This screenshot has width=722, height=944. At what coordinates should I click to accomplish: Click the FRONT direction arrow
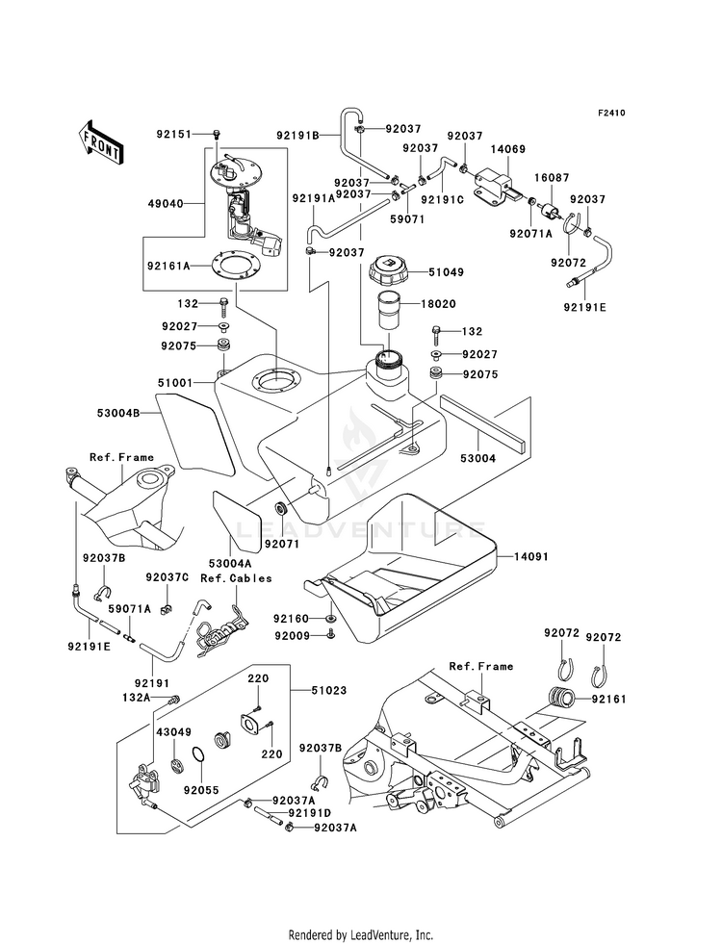100,141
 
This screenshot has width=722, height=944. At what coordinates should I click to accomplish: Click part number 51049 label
447,272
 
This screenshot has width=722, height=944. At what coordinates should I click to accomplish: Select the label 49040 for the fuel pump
166,203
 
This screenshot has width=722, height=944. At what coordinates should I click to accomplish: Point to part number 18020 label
438,304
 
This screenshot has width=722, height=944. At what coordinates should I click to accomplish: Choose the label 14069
507,149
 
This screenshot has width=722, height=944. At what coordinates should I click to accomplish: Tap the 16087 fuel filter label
552,178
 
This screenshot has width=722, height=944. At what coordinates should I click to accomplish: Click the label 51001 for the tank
175,382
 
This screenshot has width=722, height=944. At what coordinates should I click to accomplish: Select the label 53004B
118,413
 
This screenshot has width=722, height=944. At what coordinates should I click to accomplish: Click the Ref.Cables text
236,578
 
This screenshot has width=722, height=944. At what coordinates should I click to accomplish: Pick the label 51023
329,691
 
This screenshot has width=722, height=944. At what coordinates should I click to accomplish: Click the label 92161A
169,265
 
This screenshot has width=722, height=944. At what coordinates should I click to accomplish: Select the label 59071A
129,609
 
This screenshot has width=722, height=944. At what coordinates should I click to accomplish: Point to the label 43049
174,732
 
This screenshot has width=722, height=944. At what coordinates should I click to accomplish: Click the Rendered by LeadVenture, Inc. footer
361,935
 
